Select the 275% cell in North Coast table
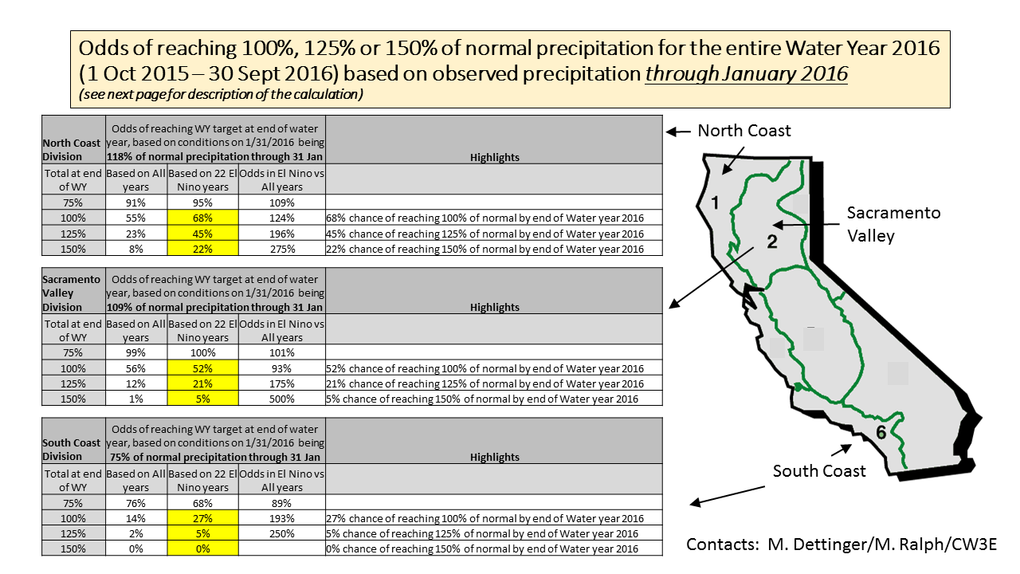[282, 248]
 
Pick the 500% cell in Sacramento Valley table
[282, 399]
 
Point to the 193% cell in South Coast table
[282, 518]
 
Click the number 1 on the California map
[715, 203]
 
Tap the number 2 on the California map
[771, 242]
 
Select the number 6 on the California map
[881, 433]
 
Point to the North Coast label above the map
[744, 131]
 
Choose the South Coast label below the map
[819, 471]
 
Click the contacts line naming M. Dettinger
[841, 544]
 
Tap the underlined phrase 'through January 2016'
[746, 73]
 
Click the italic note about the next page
[222, 95]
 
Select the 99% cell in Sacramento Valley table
[136, 353]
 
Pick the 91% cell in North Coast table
[136, 202]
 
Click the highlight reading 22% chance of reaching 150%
[484, 249]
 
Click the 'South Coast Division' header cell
[73, 449]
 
